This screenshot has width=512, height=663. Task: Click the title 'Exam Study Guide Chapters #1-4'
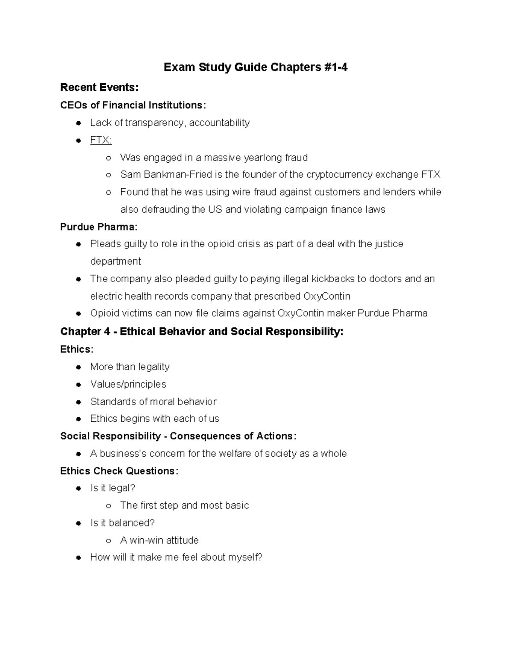point(256,67)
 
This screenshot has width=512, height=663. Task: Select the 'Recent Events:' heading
point(99,88)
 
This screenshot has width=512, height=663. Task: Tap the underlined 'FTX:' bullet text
point(101,140)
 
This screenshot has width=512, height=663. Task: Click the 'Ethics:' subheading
point(77,349)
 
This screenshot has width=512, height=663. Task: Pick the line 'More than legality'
point(130,367)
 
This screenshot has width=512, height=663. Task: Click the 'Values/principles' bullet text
point(128,384)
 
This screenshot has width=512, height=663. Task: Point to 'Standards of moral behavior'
point(153,402)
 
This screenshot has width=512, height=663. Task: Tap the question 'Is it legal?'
point(113,488)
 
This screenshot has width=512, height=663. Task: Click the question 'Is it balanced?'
point(122,523)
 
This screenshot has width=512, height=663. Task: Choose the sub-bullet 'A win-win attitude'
point(159,540)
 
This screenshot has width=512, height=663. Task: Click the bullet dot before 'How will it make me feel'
point(79,558)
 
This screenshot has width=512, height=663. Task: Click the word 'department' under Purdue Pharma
point(116,261)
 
